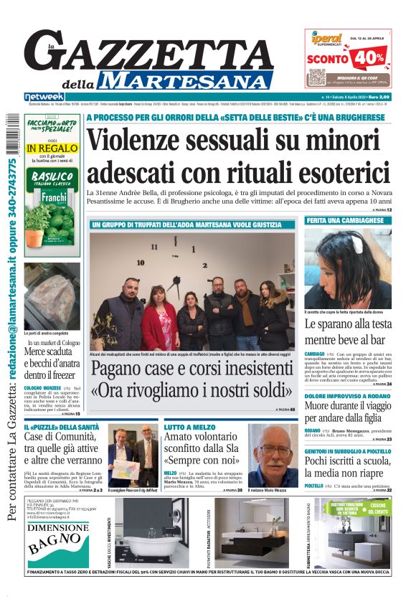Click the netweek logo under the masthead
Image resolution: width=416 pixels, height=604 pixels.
pos(44,96)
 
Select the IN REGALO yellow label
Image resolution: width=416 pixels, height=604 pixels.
pos(52,148)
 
